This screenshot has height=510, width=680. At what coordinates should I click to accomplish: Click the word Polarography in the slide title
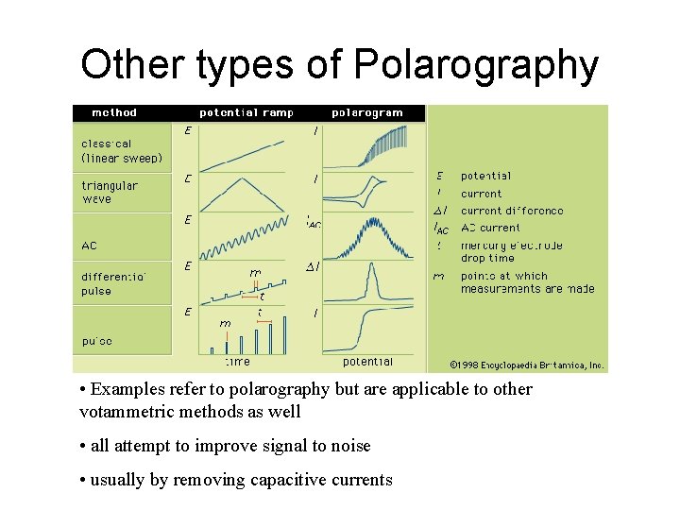(x=476, y=66)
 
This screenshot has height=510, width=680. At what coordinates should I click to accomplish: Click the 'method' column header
(x=113, y=112)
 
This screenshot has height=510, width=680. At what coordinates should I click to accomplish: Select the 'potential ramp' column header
(x=246, y=112)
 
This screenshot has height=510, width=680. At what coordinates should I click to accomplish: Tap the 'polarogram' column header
(x=367, y=112)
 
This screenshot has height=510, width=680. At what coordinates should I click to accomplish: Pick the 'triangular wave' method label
(x=109, y=193)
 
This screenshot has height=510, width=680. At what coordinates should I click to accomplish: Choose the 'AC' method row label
(x=89, y=246)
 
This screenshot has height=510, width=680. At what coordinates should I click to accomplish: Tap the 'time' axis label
(x=238, y=362)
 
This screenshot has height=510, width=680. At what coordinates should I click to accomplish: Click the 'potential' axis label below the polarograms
(x=367, y=362)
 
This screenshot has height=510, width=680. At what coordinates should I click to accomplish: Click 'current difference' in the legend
(x=511, y=212)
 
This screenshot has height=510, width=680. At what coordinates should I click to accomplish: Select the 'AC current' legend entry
(x=490, y=228)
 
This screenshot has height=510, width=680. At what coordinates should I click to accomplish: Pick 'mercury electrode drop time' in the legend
(x=511, y=251)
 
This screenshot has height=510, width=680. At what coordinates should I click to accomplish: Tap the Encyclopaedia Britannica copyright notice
(x=527, y=365)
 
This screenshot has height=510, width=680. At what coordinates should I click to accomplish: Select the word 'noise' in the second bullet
(x=348, y=446)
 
